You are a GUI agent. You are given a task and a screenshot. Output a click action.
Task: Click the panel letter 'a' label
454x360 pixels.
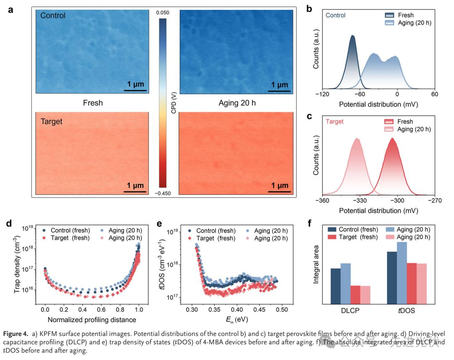tap(11, 10)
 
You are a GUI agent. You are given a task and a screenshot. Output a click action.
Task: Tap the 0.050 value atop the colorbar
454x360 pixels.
tap(163, 13)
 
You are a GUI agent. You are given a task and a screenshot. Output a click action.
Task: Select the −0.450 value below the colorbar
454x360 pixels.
tap(163, 193)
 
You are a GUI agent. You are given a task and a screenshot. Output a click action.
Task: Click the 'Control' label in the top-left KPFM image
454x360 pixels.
tap(53, 16)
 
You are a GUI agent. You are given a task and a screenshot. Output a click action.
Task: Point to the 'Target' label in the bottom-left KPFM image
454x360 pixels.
tap(51, 122)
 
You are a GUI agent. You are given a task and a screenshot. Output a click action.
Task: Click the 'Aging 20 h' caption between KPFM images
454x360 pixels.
tap(234, 103)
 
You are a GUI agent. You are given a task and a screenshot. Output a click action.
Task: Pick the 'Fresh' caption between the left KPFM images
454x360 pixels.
tap(93, 103)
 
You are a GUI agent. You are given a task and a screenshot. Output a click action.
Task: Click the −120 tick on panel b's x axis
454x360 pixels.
tap(323, 94)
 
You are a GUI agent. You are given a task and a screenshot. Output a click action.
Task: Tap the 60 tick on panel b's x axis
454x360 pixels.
tap(435, 94)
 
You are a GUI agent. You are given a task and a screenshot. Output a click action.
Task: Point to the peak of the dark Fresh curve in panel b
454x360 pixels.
tap(352, 36)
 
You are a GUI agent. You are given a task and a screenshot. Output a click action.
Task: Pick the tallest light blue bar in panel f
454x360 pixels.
tap(402, 272)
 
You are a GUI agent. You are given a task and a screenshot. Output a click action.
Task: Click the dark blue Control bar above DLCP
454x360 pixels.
tap(335, 286)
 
